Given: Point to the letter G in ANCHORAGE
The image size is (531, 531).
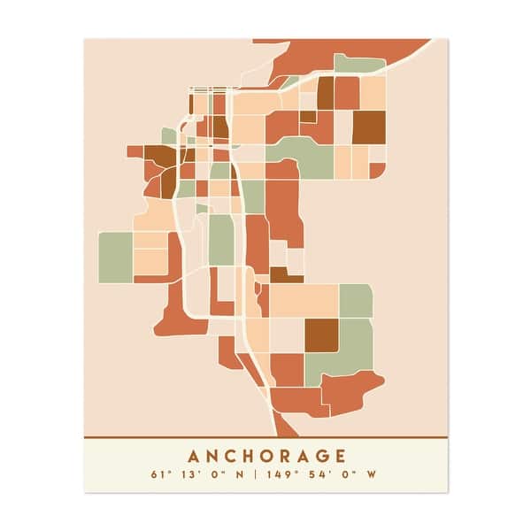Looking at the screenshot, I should coord(317,457).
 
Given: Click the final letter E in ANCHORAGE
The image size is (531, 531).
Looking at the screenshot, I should coord(338,457).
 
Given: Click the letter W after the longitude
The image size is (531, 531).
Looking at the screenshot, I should coord(372,474).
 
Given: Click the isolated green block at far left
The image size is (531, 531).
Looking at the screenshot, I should coord(115,257).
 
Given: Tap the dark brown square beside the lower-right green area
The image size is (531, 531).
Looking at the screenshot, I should coord(321,335).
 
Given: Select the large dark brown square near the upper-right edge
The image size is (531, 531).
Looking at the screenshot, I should coord(369,127).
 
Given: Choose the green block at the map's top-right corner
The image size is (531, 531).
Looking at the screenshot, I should coord(358,64).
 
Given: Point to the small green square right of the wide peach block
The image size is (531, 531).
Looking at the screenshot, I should coord(356,301).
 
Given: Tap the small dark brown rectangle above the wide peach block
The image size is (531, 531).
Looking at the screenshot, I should coord(286,275).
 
